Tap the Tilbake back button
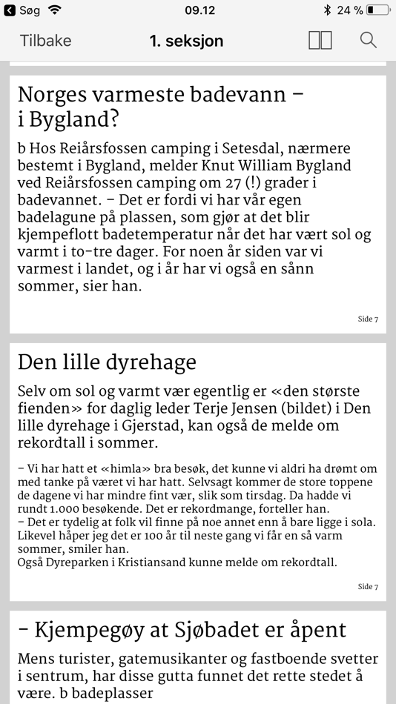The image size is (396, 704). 45,41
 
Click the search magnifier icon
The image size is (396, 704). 369,40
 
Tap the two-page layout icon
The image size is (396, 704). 320,40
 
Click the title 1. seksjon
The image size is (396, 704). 186,41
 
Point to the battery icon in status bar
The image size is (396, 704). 377,10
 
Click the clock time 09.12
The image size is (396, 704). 199,10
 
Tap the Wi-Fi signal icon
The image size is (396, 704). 54,10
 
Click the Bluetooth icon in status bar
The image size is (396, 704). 327,10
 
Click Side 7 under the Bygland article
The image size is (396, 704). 368,319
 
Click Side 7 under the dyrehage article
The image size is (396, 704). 368,587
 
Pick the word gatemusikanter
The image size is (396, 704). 160,658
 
